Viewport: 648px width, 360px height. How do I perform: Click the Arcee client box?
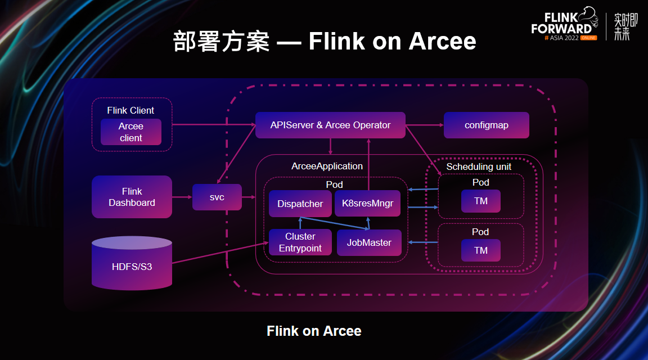pos(131,132)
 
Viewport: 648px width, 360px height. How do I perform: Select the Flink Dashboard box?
pos(132,197)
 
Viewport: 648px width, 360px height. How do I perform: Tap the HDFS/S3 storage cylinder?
pos(132,263)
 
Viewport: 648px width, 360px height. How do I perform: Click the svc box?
pos(217,197)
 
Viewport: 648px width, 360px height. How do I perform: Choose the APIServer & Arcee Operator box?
pos(330,125)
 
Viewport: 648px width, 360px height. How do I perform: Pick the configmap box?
pos(487,125)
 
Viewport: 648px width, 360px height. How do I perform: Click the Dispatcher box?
pos(300,204)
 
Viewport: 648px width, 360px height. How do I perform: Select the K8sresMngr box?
pos(367,203)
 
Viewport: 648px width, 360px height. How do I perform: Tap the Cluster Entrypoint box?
pos(300,242)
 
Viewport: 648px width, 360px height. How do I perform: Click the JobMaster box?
pos(369,242)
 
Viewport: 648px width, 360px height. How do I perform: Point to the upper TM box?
pos(480,201)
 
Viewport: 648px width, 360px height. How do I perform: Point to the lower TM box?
pos(480,250)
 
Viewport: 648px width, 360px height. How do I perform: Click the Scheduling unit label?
pos(479,166)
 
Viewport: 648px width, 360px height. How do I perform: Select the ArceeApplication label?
pos(327,166)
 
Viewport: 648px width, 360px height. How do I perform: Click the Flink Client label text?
pos(130,110)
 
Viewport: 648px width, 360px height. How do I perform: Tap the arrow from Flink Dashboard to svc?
pos(182,197)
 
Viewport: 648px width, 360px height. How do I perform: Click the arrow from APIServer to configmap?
pos(425,125)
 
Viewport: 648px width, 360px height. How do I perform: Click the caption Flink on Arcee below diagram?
pos(314,331)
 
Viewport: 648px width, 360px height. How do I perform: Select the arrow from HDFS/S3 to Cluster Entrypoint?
pos(220,253)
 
